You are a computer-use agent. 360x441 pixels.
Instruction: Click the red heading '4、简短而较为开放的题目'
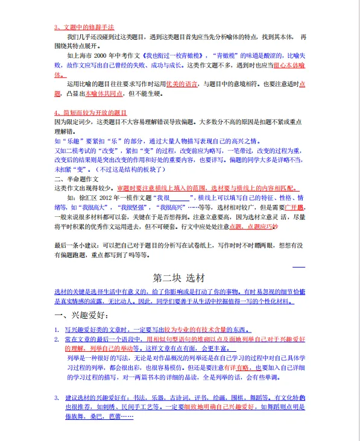pyautogui.click(x=90, y=113)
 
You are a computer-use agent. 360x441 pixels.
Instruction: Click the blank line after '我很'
pyautogui.click(x=180, y=197)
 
